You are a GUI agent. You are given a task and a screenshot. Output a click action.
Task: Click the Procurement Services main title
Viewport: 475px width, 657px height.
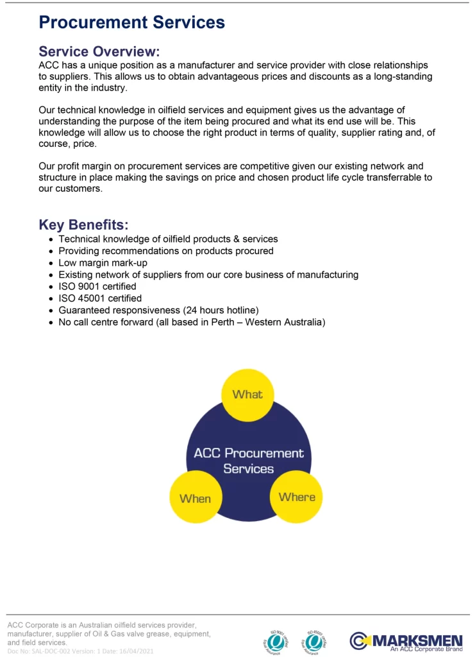click(131, 22)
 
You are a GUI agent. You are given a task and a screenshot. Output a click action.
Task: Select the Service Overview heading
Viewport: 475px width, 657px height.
click(99, 51)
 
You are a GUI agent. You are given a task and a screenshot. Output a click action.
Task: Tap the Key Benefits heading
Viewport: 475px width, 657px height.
click(83, 225)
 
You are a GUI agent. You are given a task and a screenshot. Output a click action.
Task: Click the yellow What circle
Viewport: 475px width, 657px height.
click(247, 395)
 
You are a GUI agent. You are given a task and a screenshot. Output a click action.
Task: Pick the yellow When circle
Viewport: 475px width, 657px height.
click(195, 498)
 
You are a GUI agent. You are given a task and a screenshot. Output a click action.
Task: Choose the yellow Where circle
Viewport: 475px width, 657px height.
click(297, 497)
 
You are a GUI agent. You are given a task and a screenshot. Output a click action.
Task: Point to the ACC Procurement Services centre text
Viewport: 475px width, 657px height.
click(249, 461)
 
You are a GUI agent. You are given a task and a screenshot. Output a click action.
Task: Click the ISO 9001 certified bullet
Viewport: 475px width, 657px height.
click(97, 286)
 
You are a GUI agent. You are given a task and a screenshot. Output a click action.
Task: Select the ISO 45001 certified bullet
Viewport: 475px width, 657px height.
click(100, 298)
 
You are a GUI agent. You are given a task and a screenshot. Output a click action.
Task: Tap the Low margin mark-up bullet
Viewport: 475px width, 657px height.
click(103, 263)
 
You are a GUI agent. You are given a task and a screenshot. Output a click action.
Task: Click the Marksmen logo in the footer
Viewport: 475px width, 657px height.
click(406, 640)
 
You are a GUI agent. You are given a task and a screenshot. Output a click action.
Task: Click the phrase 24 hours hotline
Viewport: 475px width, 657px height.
click(221, 310)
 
